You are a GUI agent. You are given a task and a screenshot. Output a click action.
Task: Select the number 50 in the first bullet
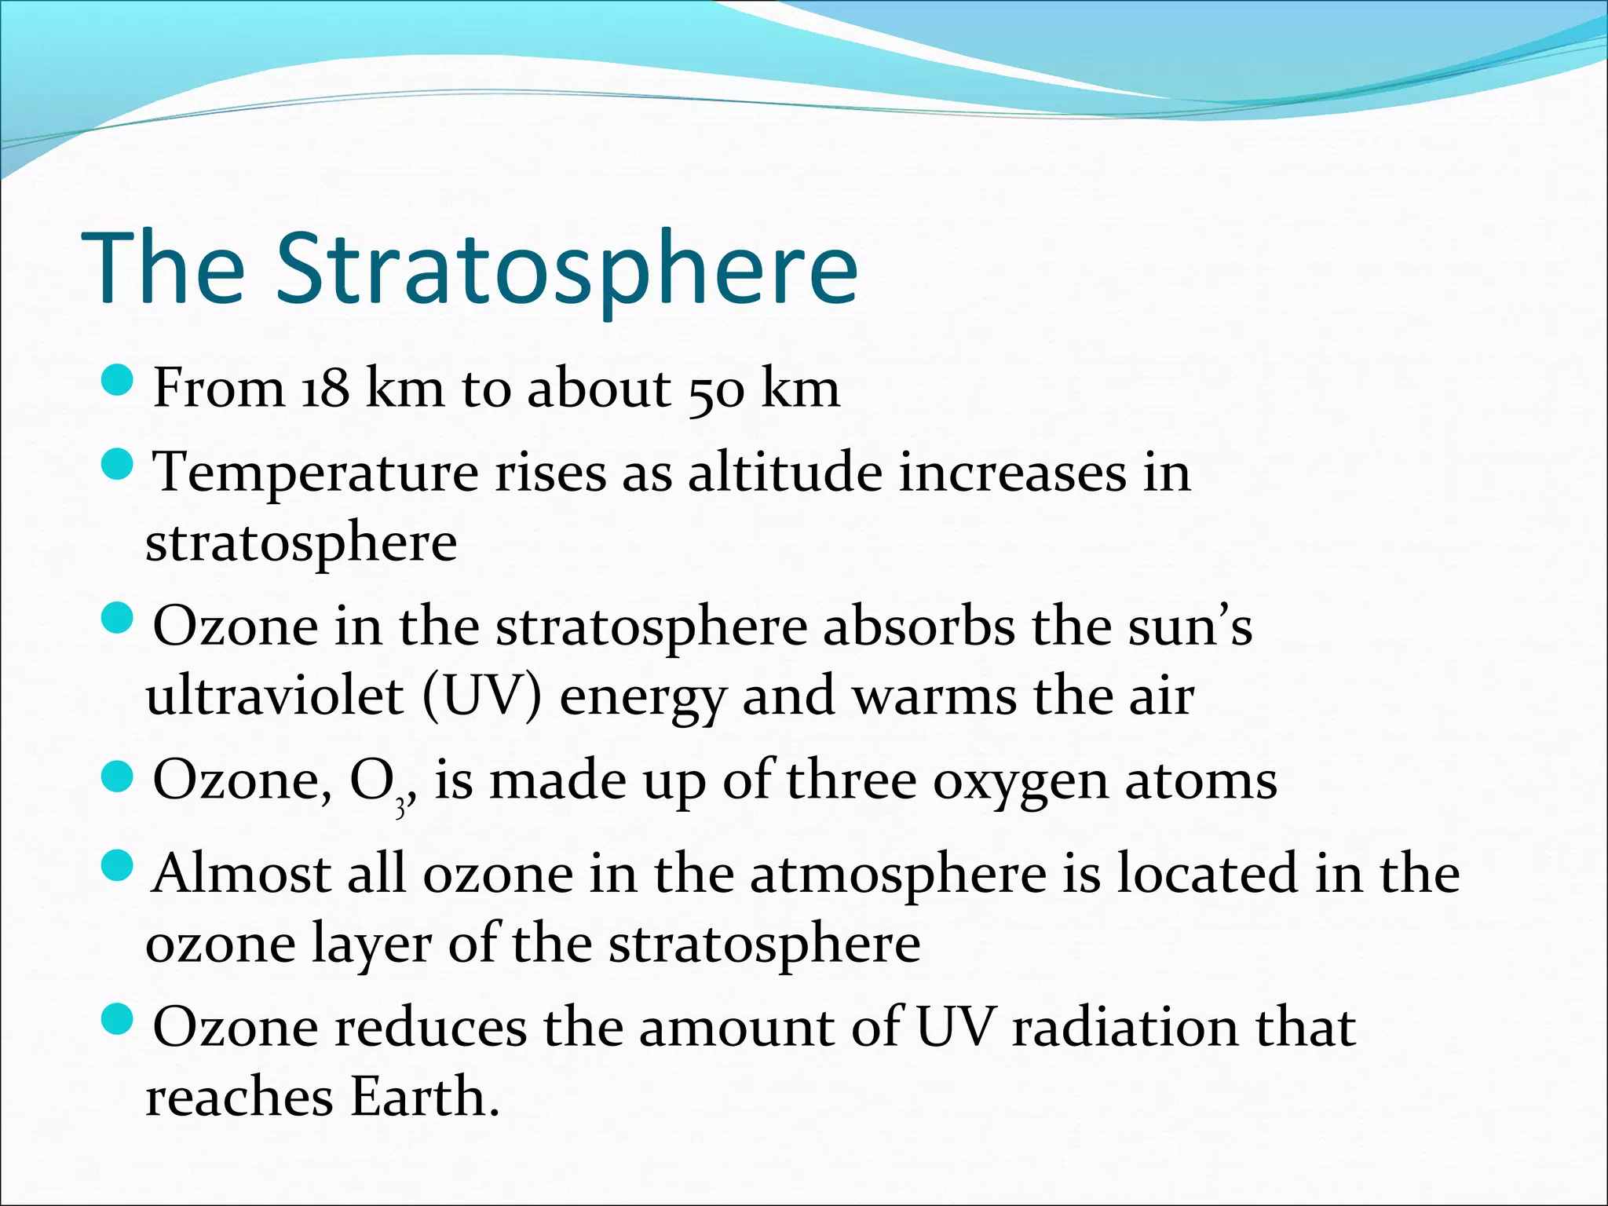[715, 389]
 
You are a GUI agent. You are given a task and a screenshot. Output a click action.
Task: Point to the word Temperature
[315, 473]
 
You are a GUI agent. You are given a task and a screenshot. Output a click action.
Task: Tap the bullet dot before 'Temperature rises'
[119, 465]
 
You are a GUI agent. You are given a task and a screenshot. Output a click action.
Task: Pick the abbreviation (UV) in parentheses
[481, 696]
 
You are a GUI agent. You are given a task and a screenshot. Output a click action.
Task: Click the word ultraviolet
[274, 696]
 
